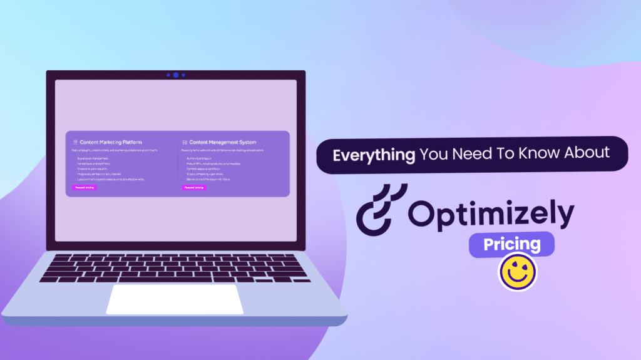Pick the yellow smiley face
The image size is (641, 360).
[518, 272]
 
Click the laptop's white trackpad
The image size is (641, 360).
[175, 299]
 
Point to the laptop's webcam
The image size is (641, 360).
[176, 75]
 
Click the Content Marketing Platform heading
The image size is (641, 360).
[110, 142]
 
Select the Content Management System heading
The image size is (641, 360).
[222, 142]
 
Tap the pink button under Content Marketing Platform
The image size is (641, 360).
[85, 187]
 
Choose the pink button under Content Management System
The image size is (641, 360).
[193, 187]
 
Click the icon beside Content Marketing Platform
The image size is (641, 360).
[75, 142]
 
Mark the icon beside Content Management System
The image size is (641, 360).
[185, 142]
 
